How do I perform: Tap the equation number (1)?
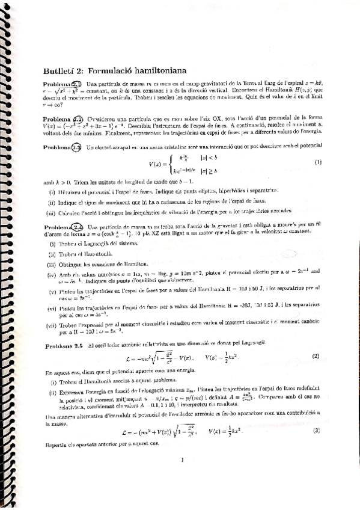(317, 162)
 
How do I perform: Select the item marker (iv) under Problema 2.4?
(52, 273)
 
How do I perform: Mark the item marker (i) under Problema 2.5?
(52, 382)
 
